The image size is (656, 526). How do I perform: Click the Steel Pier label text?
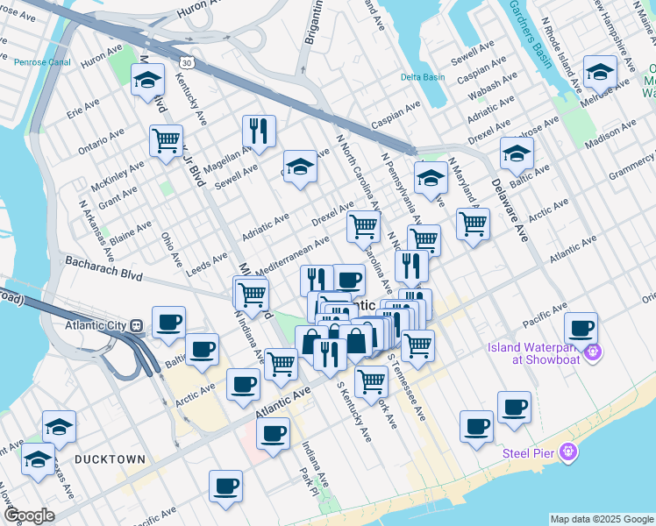point(525,452)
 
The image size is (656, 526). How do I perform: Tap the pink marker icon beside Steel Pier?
point(568,452)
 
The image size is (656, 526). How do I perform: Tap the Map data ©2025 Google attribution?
point(602,519)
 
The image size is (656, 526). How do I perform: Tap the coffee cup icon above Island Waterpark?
point(581,329)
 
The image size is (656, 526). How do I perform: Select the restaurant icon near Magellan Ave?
point(259,131)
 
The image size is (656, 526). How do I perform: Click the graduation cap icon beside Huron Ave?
point(147,81)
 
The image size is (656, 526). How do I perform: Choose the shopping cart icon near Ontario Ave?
point(166,140)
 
